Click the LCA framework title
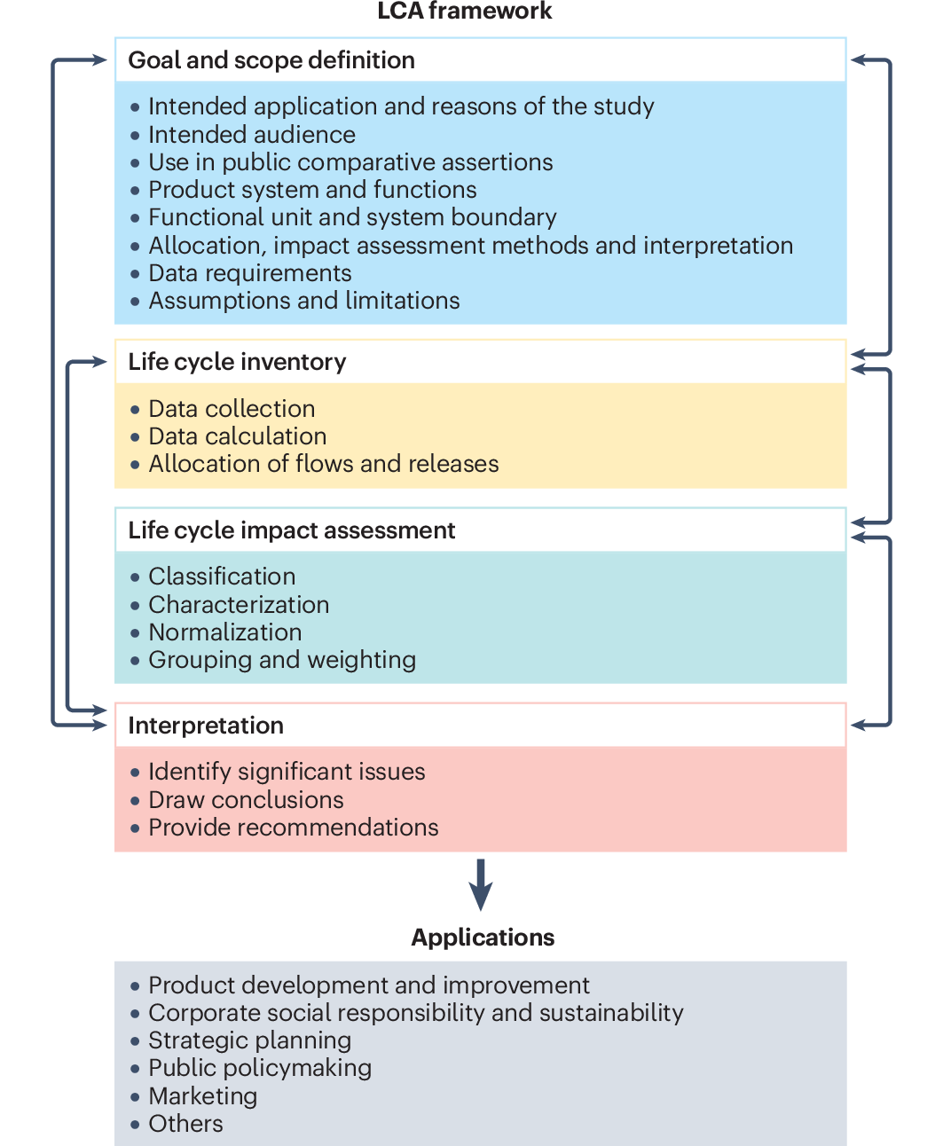tap(464, 12)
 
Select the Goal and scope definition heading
tap(271, 60)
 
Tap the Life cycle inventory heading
tap(237, 362)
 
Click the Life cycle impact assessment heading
tap(291, 530)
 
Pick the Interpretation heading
tap(206, 726)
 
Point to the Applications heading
tap(483, 938)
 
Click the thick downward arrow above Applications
tap(481, 884)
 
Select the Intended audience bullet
tap(251, 135)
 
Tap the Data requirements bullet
tap(249, 273)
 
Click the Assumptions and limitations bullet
tap(303, 301)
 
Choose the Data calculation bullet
tap(237, 436)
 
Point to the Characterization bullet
tap(239, 605)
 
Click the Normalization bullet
tap(224, 632)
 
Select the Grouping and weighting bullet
tap(282, 660)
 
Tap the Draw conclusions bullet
tap(246, 800)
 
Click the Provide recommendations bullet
tap(293, 828)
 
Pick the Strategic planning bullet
tap(249, 1040)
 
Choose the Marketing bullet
tap(202, 1096)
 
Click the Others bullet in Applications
tap(185, 1124)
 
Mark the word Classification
tap(222, 577)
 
